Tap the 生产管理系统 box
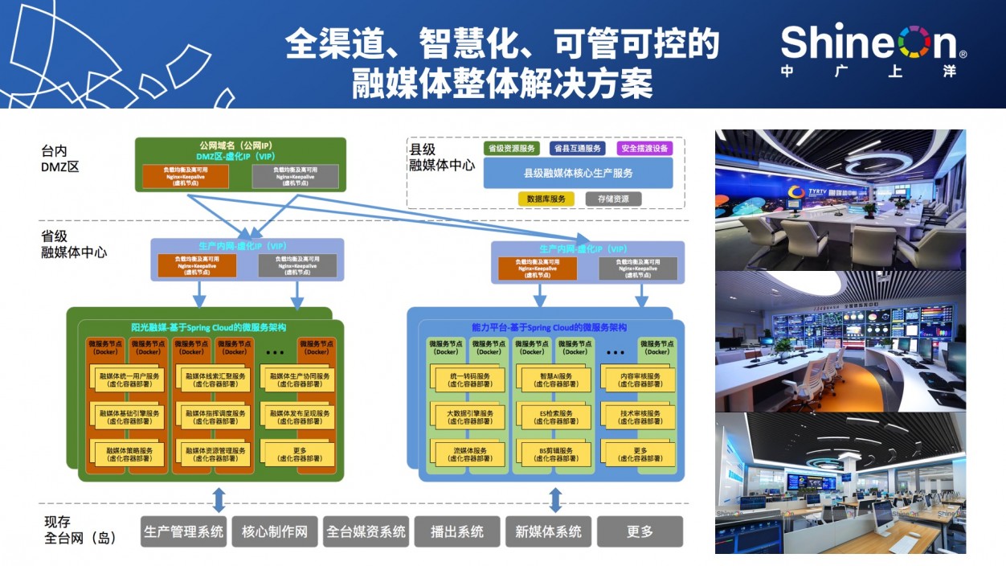tap(183, 531)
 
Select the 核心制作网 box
tap(275, 531)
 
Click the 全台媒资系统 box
tap(366, 531)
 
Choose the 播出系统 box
tap(457, 531)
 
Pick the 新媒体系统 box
tap(549, 531)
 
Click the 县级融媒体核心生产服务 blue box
tap(578, 173)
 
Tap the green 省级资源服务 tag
tap(511, 149)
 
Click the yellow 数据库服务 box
tap(546, 199)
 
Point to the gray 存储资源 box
tap(613, 199)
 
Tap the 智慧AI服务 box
tap(556, 379)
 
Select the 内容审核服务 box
tap(640, 379)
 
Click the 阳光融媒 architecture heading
tap(211, 327)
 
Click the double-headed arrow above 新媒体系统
tap(554, 499)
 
